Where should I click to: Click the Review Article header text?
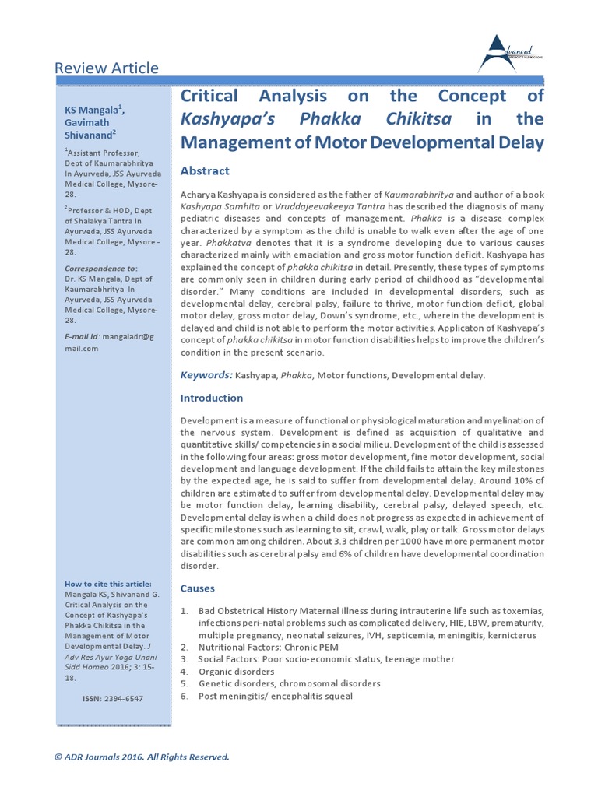(106, 68)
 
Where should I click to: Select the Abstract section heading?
(205, 170)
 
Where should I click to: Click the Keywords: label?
(206, 375)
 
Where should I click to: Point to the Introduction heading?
(212, 398)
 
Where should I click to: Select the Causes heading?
(198, 588)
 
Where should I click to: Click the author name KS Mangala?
(93, 111)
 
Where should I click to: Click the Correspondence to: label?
(100, 269)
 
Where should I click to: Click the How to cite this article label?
(107, 584)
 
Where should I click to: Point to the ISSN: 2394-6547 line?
(112, 699)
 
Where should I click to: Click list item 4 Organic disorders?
(237, 671)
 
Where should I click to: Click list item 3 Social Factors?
(326, 659)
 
